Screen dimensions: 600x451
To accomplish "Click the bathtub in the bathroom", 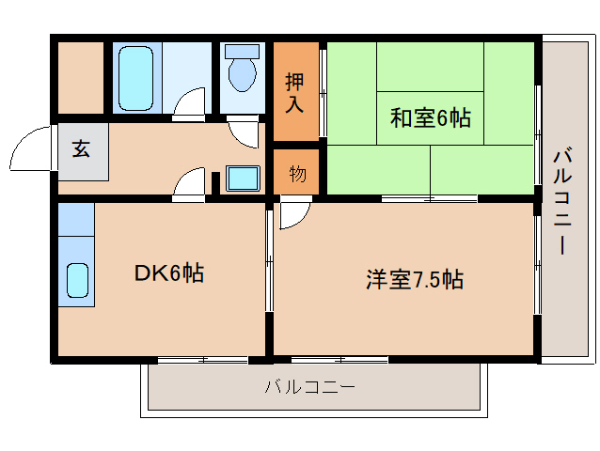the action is click(135, 78).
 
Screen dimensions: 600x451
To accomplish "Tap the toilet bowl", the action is click(243, 74).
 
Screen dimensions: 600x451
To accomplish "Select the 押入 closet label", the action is click(294, 92).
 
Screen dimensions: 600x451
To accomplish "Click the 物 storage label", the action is click(298, 174).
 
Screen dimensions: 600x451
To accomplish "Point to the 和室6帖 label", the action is click(430, 117).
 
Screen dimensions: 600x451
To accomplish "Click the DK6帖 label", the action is click(168, 272).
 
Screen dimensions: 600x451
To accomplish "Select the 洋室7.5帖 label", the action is click(415, 279).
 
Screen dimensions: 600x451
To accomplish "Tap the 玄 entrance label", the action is click(81, 148).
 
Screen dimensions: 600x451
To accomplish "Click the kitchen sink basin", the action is click(78, 280).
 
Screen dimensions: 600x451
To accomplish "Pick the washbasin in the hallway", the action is click(243, 179).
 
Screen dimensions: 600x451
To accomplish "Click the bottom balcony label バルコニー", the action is click(310, 387).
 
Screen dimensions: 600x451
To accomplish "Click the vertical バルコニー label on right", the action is click(562, 203).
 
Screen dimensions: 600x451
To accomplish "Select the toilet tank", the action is click(243, 52).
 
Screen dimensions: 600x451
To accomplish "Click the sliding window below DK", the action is click(203, 360).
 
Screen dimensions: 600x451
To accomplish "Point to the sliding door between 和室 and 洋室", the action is click(430, 199).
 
